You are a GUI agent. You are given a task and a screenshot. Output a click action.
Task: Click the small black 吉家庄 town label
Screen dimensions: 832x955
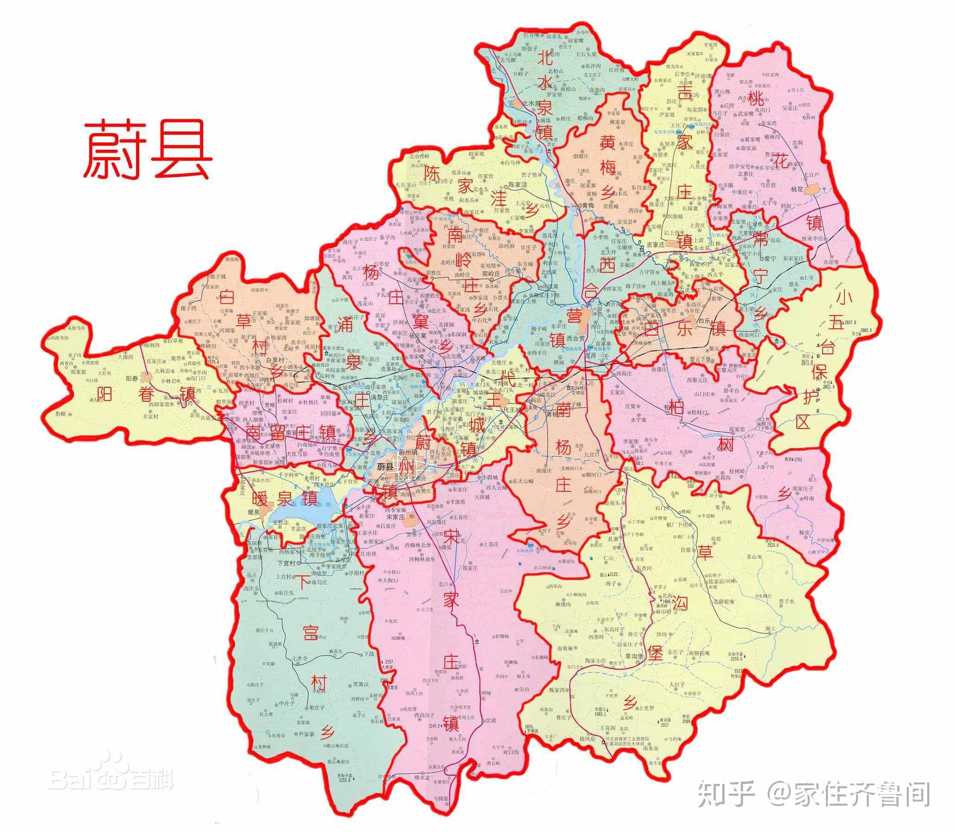click(656, 244)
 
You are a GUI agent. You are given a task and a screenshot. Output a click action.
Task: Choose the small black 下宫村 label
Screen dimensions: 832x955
click(287, 563)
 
